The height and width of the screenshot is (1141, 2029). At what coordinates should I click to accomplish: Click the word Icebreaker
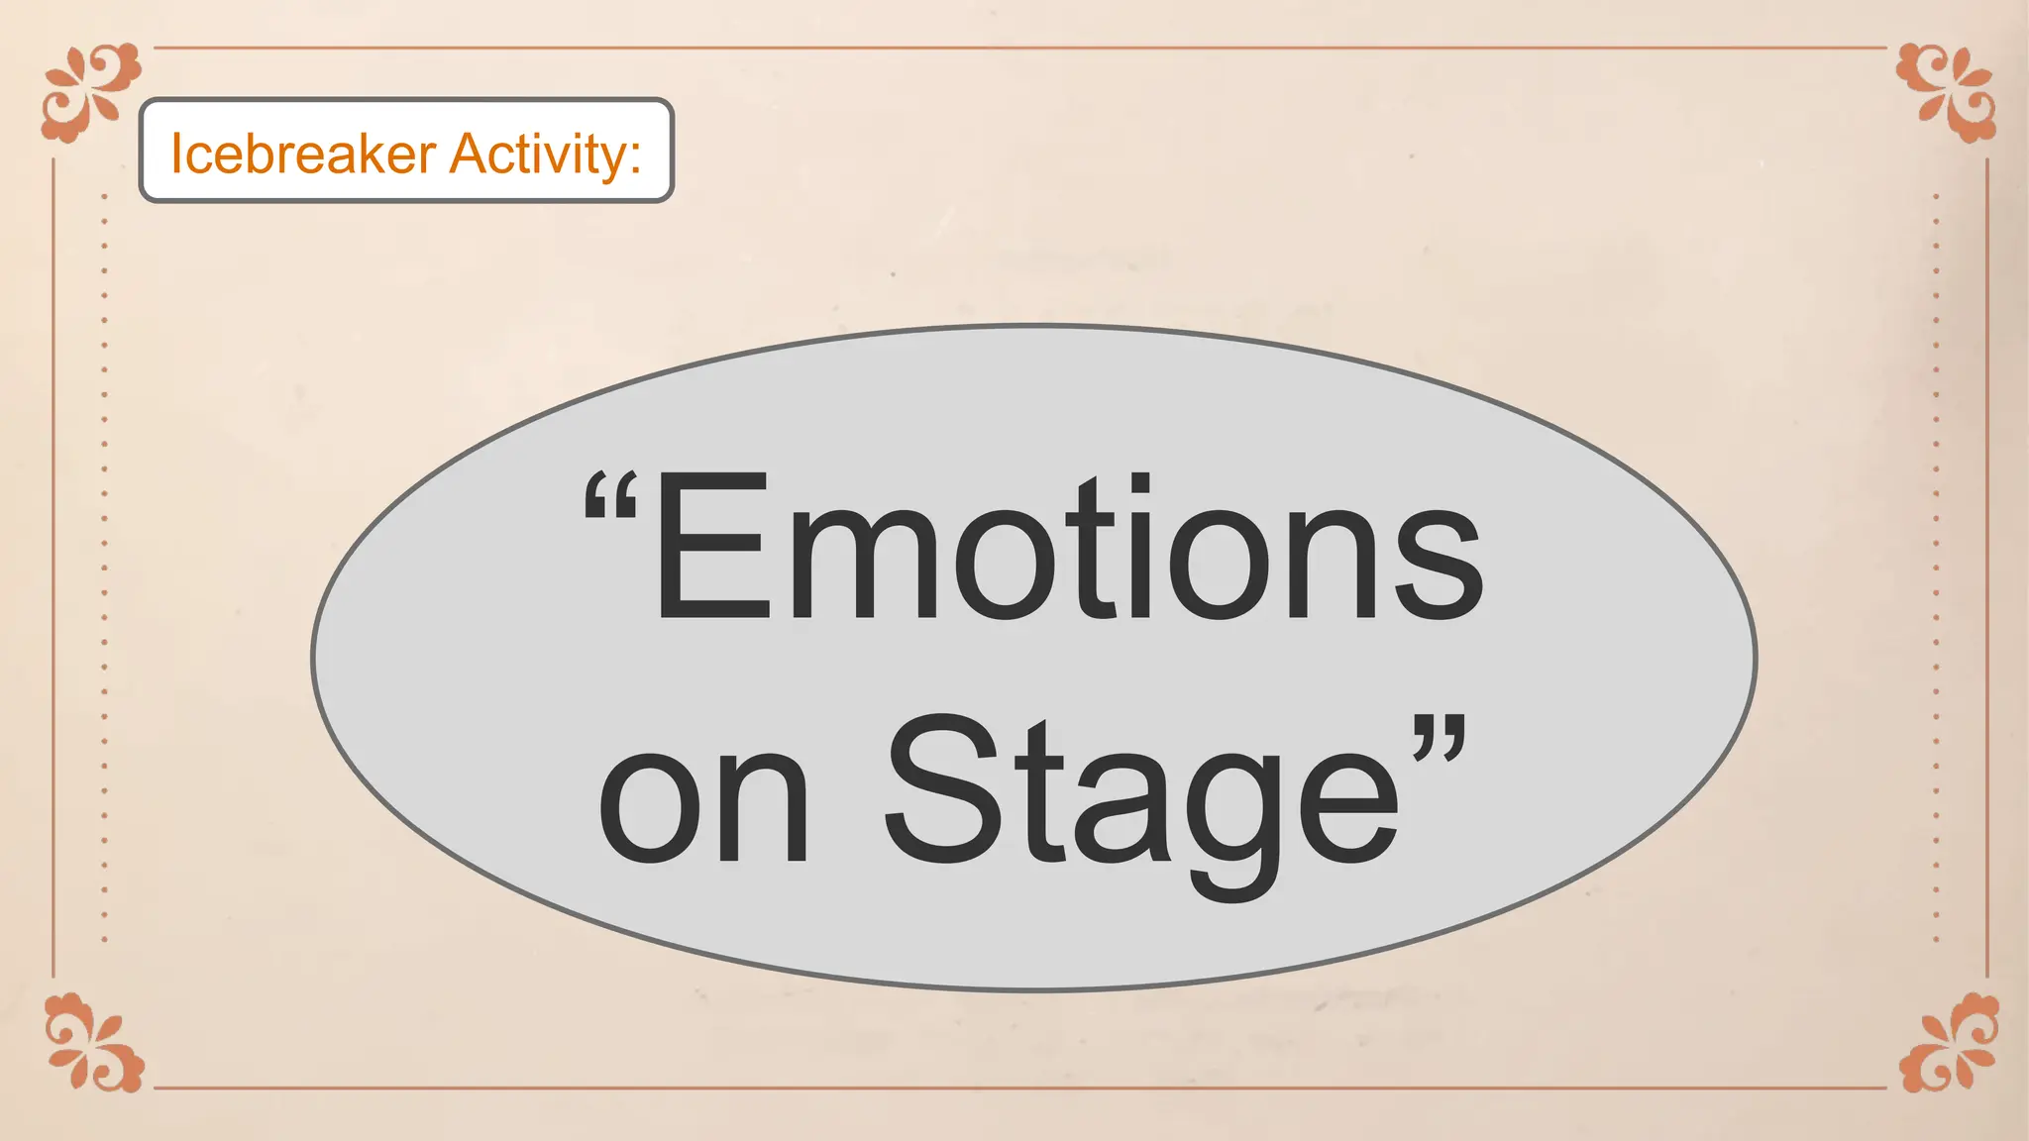(303, 155)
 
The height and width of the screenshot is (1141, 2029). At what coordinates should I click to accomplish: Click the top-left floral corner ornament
(91, 91)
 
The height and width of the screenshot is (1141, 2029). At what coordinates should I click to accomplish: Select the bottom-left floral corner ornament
(94, 1042)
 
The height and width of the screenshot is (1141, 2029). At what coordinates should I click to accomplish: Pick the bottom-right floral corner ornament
(1948, 1042)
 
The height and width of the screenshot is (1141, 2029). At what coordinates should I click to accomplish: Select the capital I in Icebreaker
(177, 155)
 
